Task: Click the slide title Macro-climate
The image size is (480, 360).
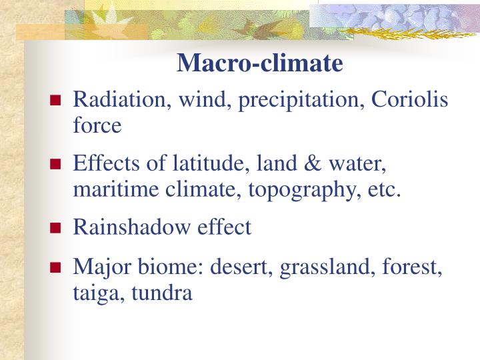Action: click(x=260, y=63)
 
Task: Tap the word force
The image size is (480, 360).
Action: click(x=97, y=125)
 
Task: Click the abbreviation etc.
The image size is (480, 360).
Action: click(x=383, y=189)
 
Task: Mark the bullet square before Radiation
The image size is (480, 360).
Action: click(x=57, y=102)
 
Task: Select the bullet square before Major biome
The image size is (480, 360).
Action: click(x=57, y=269)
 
